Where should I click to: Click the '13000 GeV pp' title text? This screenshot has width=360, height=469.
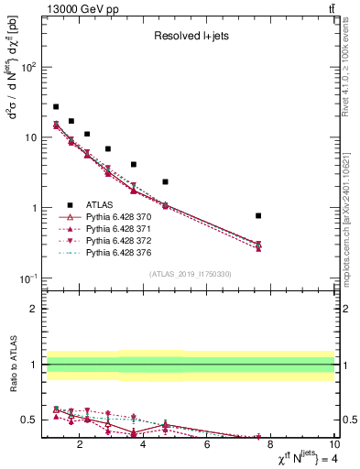(x=80, y=8)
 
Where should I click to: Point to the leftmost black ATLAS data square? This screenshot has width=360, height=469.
(x=56, y=107)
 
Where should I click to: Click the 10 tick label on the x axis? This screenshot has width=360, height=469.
(x=333, y=446)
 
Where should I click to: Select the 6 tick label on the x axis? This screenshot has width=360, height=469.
(x=207, y=446)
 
